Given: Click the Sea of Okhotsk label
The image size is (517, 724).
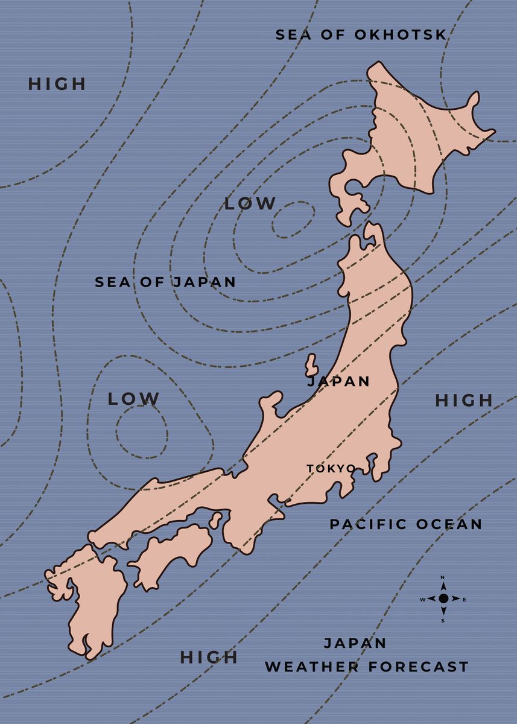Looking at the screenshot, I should click(361, 35).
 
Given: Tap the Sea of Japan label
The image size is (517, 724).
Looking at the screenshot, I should click(165, 282).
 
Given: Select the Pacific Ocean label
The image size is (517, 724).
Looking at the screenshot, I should click(405, 524).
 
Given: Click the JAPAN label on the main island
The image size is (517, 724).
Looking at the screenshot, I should click(339, 381).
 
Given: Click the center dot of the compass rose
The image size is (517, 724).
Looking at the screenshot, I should click(443, 599).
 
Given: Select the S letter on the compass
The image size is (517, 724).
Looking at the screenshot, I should click(443, 620).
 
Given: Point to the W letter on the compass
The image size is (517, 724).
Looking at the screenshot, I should click(422, 599).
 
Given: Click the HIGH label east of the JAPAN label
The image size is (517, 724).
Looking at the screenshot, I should click(464, 400).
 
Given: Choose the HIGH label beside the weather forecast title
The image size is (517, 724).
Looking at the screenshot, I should click(209, 657).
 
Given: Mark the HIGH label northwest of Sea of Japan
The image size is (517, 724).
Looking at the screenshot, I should click(57, 84).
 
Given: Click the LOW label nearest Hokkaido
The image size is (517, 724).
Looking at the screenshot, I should click(250, 204).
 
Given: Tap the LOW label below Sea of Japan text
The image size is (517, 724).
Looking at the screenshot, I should click(133, 399).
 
